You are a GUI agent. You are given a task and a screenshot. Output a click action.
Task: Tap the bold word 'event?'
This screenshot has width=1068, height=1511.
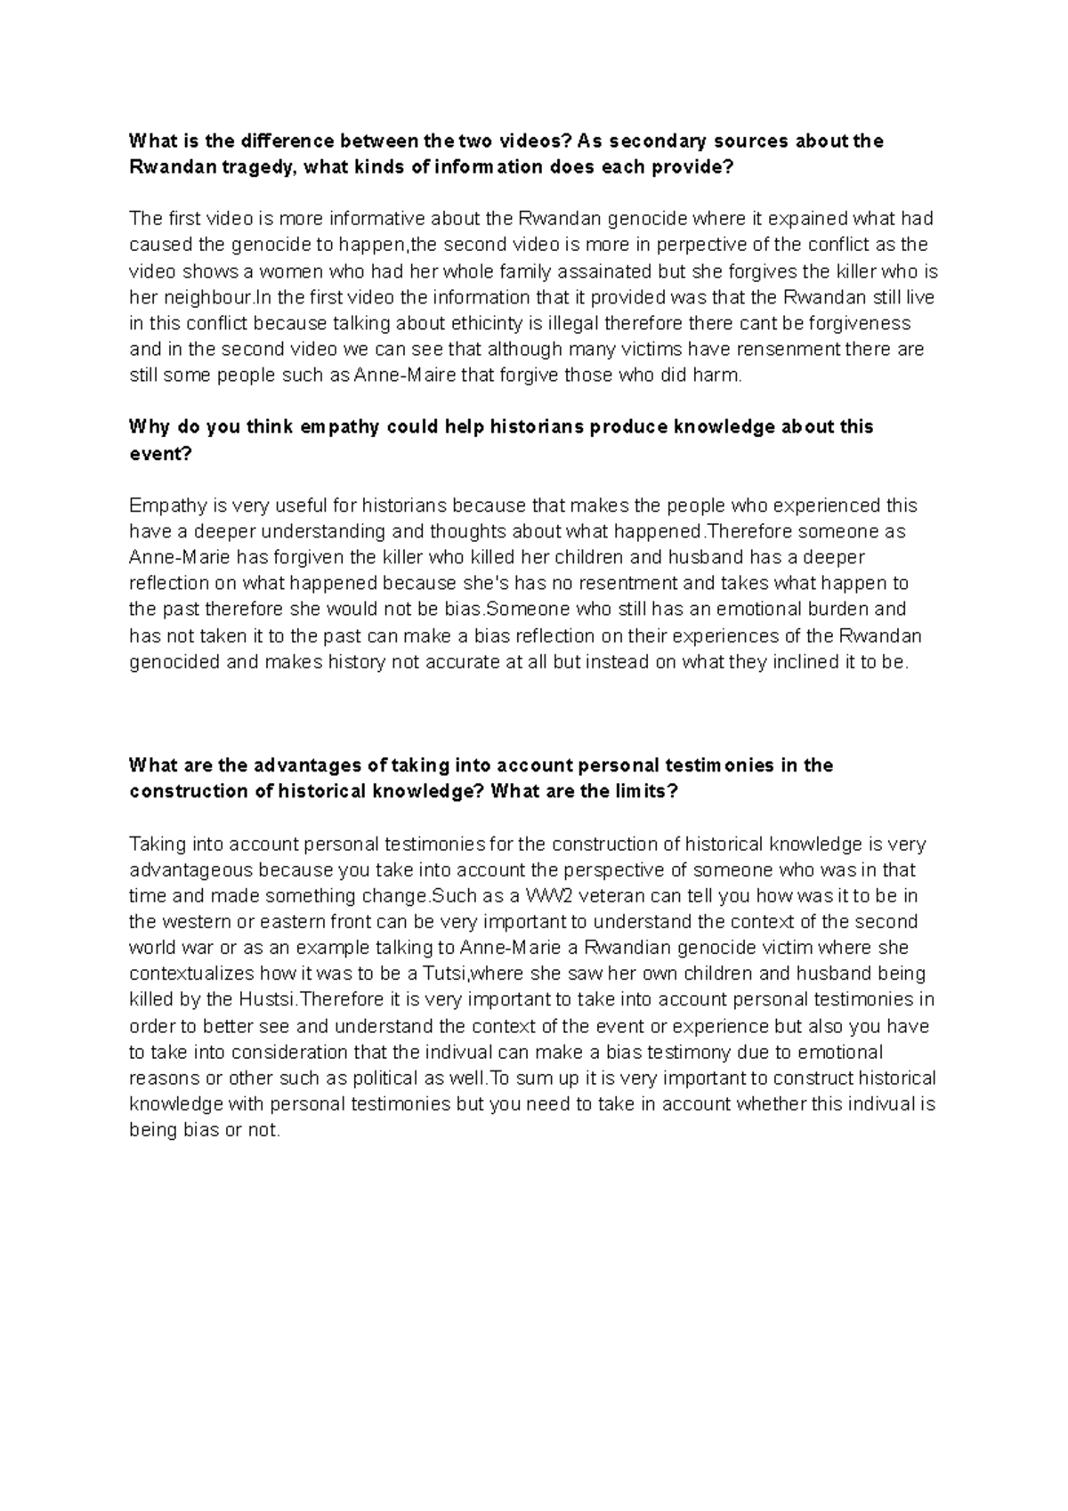pos(160,454)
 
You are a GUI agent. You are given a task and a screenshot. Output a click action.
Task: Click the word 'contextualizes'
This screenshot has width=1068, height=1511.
pos(187,974)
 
